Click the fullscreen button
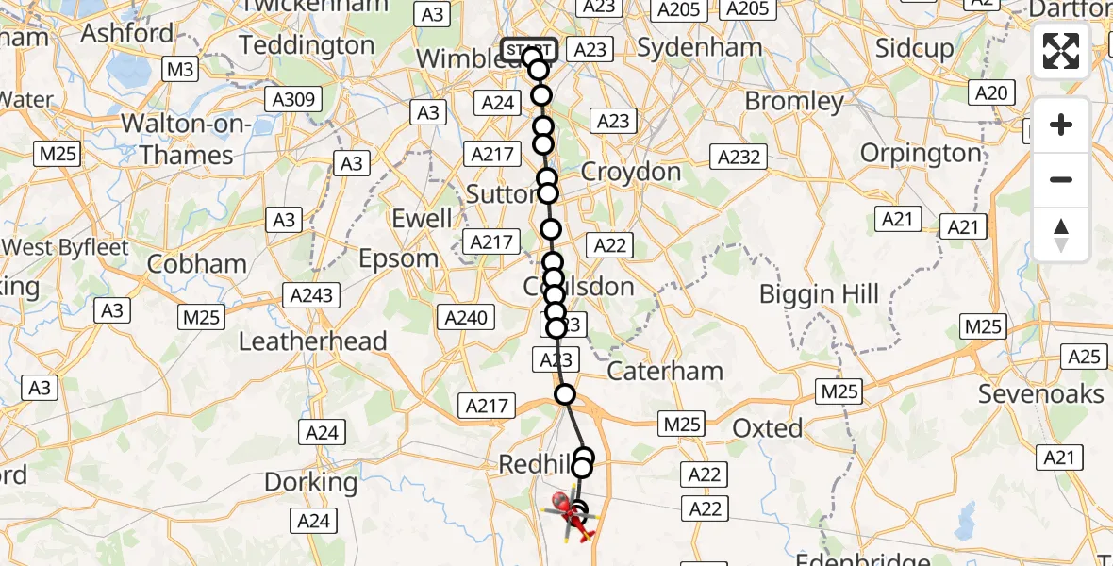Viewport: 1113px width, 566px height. pyautogui.click(x=1061, y=51)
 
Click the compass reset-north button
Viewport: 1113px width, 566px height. pyautogui.click(x=1061, y=235)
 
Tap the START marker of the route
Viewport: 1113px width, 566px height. pyautogui.click(x=529, y=49)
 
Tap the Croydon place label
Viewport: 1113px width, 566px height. pyautogui.click(x=631, y=172)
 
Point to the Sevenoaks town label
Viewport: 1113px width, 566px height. pyautogui.click(x=1040, y=393)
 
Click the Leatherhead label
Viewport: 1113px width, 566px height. pyautogui.click(x=312, y=341)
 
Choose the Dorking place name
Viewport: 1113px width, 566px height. pyautogui.click(x=310, y=483)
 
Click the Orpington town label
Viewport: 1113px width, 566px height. pyautogui.click(x=921, y=153)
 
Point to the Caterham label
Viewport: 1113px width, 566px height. pyautogui.click(x=665, y=371)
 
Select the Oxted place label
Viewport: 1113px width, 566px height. pyautogui.click(x=768, y=428)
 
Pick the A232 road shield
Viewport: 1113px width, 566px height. pyautogui.click(x=739, y=157)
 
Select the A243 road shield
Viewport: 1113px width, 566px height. pyautogui.click(x=312, y=295)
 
